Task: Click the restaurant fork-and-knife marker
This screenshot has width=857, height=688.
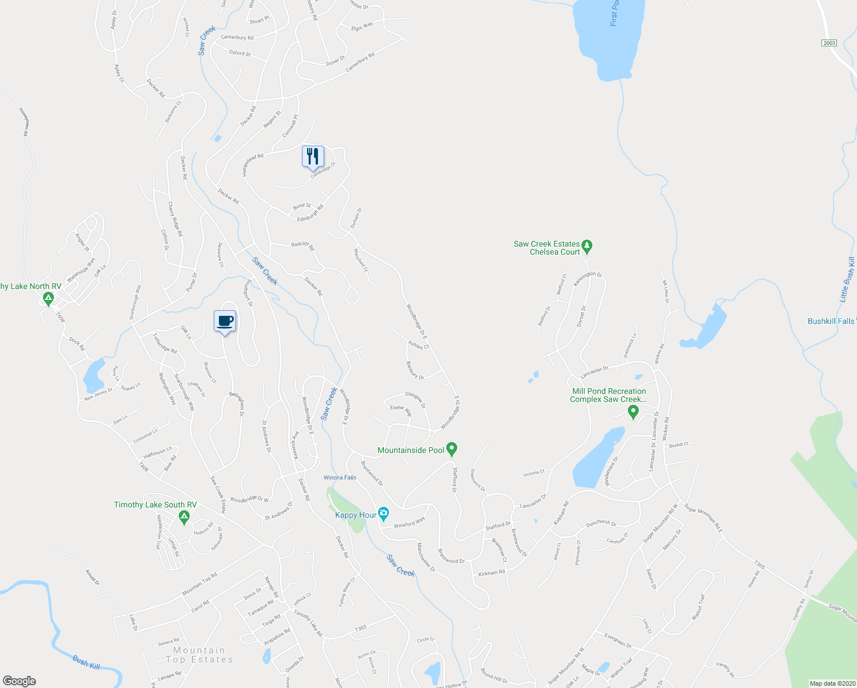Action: coord(313,157)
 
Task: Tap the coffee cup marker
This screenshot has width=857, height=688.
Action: coord(225,321)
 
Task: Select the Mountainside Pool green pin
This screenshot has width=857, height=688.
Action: coord(451,449)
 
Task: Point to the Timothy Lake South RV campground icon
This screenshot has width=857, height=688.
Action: coord(184,518)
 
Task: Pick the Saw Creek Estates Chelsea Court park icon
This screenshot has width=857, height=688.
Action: coord(587,247)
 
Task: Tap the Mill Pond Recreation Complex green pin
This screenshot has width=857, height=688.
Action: coord(633,412)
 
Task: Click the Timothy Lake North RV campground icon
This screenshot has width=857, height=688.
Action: coord(48,299)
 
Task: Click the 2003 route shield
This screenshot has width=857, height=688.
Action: coord(829,43)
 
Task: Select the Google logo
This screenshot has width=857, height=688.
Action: coord(19,681)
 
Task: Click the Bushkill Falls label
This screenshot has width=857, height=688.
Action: coord(831,321)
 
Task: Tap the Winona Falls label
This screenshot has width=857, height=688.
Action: coord(340,478)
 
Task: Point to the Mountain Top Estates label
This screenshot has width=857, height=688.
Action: coord(199,655)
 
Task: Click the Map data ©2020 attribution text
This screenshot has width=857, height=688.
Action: coord(831,683)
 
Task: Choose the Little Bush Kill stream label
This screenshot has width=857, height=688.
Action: coord(847,279)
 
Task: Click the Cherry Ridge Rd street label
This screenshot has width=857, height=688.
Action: coord(175,218)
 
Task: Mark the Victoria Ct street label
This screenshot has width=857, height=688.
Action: coord(533,473)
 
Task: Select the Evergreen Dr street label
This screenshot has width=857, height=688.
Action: coord(618,640)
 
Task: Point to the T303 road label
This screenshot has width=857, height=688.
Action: coord(360,628)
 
